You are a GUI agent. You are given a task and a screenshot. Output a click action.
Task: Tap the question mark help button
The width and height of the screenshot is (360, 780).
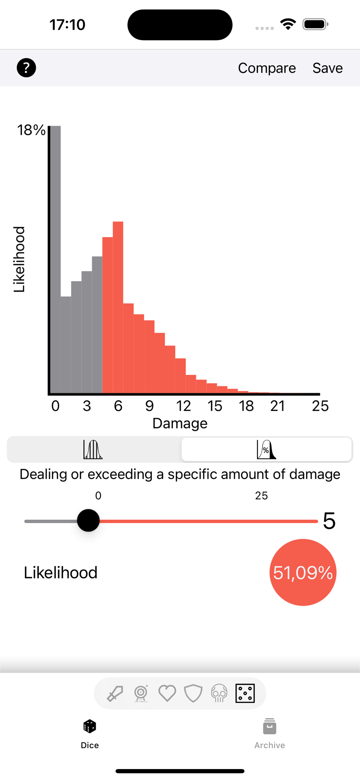tap(26, 68)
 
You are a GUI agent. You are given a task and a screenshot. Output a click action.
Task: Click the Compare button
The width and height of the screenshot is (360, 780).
tap(267, 68)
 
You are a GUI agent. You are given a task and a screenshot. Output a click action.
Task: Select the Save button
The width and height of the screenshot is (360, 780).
tap(328, 68)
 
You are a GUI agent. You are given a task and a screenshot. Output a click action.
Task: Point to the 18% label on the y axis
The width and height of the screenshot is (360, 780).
tap(31, 130)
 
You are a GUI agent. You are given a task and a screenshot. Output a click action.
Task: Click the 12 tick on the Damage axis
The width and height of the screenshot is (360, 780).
tap(183, 406)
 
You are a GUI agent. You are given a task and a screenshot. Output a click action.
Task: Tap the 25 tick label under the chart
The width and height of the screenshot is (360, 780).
tap(320, 406)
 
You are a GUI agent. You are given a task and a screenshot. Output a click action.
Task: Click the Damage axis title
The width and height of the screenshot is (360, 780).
tap(180, 424)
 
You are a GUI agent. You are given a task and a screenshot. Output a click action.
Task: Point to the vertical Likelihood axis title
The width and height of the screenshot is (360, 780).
tap(20, 259)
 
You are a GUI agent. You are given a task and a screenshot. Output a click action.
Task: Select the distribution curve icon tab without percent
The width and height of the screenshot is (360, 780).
tap(93, 450)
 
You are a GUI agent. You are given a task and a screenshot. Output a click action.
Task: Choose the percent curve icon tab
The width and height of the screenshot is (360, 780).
tap(266, 450)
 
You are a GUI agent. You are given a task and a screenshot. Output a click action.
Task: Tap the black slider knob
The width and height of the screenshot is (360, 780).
tap(89, 521)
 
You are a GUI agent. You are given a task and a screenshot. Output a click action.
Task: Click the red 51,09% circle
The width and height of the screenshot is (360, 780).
tap(303, 573)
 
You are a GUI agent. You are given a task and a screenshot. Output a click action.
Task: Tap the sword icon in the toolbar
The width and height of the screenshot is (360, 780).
tap(115, 693)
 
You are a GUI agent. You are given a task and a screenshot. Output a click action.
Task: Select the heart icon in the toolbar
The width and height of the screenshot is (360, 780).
tap(167, 693)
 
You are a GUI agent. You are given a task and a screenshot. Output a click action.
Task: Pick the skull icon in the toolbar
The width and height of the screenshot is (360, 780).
tap(219, 693)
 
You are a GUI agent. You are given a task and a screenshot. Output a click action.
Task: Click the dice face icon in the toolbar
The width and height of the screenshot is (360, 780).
tap(245, 693)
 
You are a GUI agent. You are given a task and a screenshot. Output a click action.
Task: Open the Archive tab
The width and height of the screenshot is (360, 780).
tap(270, 734)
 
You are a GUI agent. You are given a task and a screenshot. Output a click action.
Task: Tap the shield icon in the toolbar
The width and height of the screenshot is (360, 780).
tap(193, 693)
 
